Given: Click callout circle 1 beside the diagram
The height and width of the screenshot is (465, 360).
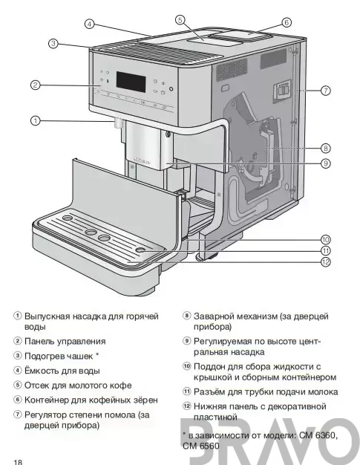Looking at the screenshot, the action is (36, 120).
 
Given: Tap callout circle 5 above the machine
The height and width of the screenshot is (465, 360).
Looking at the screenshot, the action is (180, 20).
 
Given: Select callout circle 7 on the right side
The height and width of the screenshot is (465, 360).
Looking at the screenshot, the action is (326, 90).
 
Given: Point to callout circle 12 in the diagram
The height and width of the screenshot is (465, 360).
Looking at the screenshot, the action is (326, 262).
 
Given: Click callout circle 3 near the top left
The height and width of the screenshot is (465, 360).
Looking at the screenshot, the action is (53, 44).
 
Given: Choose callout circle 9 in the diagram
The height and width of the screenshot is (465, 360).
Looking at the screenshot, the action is (326, 163).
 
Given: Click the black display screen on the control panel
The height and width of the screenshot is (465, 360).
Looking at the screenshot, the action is (131, 82).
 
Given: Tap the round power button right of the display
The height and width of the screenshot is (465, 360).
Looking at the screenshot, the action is (171, 88).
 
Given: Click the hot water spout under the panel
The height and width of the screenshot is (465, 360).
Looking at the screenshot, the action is (118, 123).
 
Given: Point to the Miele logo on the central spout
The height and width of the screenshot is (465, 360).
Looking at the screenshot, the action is (143, 161).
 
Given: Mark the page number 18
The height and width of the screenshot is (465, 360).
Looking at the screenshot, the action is (18, 462).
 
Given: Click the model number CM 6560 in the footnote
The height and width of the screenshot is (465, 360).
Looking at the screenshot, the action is (201, 446).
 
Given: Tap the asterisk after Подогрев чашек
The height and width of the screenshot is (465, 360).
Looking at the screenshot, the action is (97, 354).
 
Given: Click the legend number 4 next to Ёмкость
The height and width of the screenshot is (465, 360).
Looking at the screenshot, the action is (18, 370).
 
